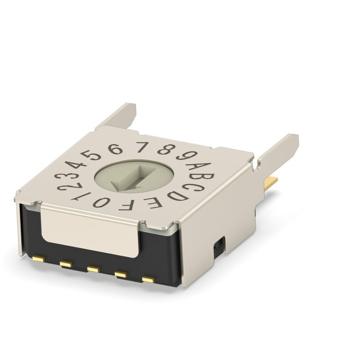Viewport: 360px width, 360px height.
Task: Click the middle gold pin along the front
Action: pyautogui.click(x=93, y=269)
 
